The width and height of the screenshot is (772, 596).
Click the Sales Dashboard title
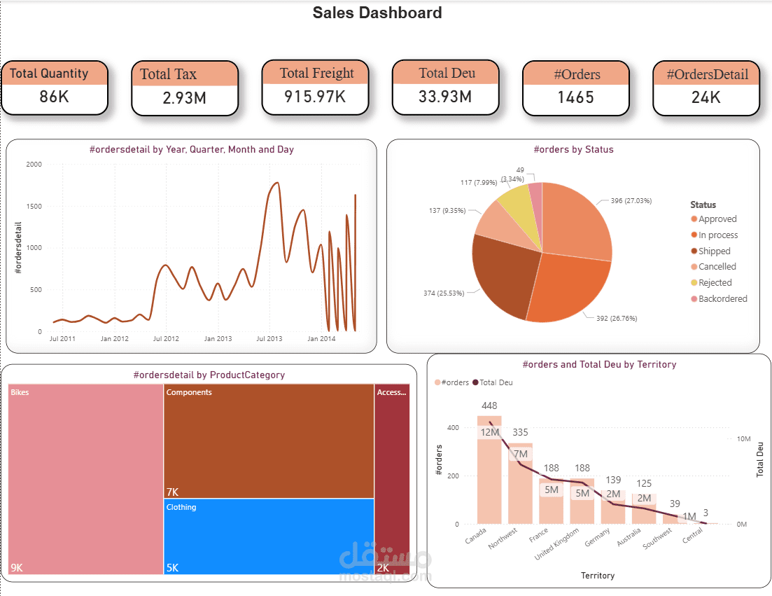[377, 13]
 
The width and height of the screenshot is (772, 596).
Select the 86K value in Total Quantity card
[54, 97]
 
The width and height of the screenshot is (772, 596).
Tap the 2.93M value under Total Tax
[184, 98]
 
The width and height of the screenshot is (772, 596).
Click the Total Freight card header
[316, 73]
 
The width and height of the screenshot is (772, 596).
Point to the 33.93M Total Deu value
[446, 96]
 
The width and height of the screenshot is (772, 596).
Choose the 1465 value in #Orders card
[575, 97]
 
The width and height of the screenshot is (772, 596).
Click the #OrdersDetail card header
[707, 74]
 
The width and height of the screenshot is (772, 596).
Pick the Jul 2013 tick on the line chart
[269, 339]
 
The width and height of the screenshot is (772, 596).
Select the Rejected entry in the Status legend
[715, 283]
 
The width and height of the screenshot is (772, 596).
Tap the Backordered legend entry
[722, 299]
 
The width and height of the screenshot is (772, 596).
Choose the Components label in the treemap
[189, 393]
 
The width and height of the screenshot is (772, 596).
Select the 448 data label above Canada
[489, 406]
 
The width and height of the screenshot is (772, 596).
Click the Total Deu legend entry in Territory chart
[496, 382]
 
